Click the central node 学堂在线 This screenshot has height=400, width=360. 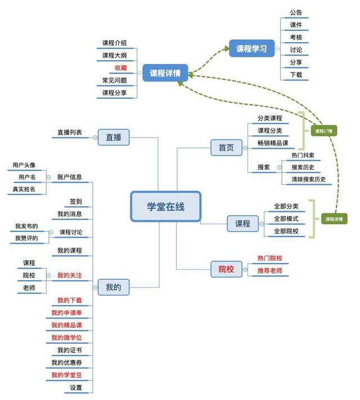point(165,207)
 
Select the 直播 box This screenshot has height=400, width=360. point(114,137)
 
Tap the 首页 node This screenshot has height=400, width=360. point(226,148)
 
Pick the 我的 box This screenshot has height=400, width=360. point(113,288)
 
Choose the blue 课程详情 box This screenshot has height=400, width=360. point(165,73)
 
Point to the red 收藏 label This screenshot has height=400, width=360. point(120,68)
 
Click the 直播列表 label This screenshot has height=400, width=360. point(69,133)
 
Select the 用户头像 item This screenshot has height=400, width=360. point(24,165)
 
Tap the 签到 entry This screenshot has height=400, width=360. point(76,201)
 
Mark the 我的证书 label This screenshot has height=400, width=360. point(70,351)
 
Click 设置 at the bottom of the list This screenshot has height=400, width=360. point(76,388)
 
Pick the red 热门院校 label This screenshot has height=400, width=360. point(269,258)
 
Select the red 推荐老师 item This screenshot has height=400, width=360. point(269,271)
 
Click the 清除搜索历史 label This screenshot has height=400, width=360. point(308,179)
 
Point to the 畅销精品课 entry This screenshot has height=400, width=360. point(272,143)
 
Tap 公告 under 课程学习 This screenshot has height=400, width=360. point(296,12)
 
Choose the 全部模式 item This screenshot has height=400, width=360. point(286,219)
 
